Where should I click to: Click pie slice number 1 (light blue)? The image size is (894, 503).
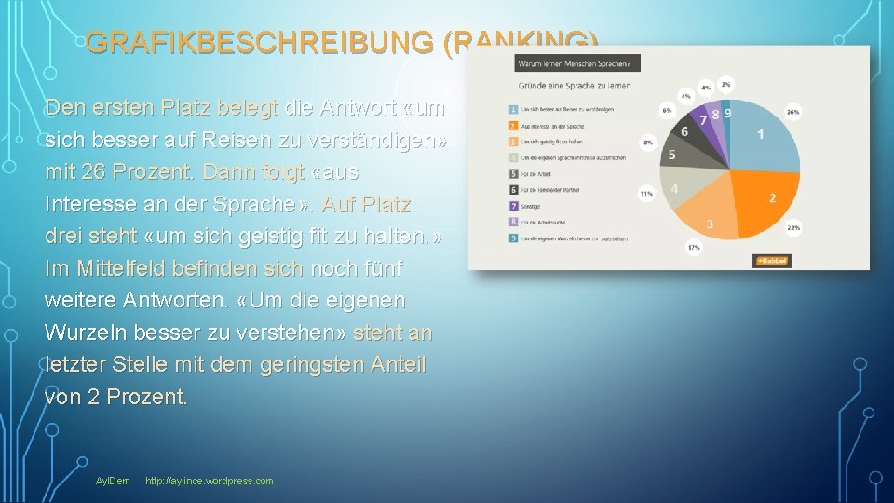(761, 135)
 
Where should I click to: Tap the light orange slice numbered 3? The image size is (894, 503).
(710, 223)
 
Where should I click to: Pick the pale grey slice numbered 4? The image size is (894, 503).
(675, 188)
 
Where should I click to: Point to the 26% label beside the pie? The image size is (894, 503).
(792, 113)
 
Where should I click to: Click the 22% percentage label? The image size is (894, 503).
(793, 227)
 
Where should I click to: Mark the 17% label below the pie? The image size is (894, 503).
(693, 247)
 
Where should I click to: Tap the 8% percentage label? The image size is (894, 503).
(647, 143)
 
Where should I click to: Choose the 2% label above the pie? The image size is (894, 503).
(725, 84)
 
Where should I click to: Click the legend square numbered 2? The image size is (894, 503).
(512, 125)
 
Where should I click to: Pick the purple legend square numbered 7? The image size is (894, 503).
(512, 205)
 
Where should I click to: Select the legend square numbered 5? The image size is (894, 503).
(512, 173)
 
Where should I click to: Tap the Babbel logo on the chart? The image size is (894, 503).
(772, 261)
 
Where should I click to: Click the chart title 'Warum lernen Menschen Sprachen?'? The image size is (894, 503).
(575, 64)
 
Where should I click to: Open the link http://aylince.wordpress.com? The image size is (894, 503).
(210, 481)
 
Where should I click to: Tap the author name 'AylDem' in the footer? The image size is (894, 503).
(113, 481)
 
